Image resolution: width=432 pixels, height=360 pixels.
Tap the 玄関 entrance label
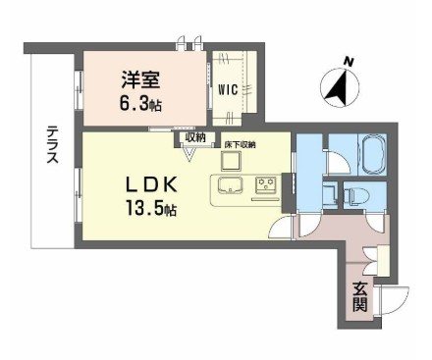pos(361,294)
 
